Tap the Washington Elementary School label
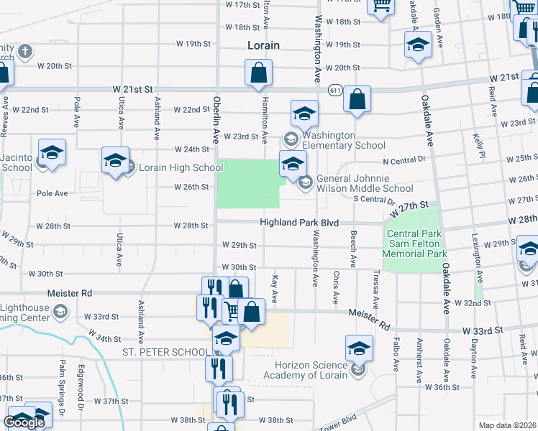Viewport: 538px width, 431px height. click(343, 140)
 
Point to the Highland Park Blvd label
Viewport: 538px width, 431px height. click(299, 223)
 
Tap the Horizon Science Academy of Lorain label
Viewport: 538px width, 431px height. click(311, 369)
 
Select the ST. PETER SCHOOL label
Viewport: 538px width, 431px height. click(166, 352)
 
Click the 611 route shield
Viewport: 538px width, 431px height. click(336, 91)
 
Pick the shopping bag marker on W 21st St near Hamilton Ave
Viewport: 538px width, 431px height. click(258, 73)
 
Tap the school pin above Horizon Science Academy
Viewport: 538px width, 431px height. click(359, 349)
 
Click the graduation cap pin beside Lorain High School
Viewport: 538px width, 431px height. click(114, 162)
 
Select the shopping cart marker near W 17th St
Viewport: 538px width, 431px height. click(381, 6)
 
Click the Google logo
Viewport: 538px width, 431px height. click(24, 422)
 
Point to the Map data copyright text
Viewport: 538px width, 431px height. click(507, 425)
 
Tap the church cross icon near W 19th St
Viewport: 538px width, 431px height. click(24, 52)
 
